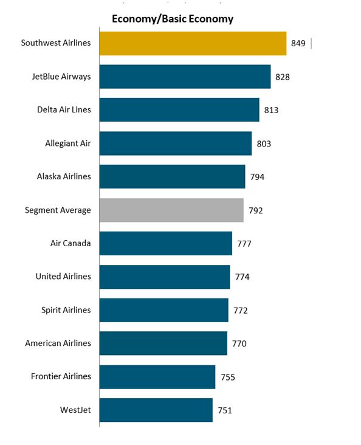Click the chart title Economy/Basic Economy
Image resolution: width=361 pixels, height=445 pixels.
coord(172,19)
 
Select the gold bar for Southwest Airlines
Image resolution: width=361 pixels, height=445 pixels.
coord(193,44)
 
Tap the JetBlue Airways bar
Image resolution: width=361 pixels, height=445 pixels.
coord(185,77)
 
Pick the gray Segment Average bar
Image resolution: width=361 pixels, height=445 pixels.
coord(171,210)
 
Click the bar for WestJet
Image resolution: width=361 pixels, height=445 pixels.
coord(156,410)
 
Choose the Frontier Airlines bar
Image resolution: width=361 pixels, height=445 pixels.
coord(157,377)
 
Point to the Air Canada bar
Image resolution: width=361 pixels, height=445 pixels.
coord(165,243)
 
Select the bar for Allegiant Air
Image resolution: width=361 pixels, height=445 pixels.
coord(175,143)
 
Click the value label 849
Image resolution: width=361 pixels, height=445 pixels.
coord(298,44)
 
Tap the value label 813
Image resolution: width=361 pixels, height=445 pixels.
coord(271,110)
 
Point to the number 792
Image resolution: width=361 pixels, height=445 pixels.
coord(256,210)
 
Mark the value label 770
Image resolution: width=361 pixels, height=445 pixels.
coord(239,343)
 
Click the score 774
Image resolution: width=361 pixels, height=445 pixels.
coord(242,277)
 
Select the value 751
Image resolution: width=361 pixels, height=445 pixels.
coord(224,410)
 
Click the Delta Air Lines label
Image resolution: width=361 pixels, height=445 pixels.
coord(64,110)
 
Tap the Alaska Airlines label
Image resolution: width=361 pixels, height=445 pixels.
coord(63,177)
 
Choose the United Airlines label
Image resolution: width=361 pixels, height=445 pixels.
coord(63,277)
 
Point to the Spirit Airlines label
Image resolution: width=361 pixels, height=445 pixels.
coord(65,310)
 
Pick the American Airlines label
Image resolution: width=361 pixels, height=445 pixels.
coord(58,343)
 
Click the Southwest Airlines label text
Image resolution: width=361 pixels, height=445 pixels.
coord(55,43)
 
